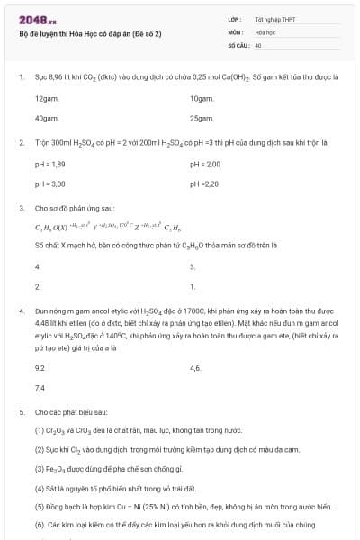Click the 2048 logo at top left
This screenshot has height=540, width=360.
37,20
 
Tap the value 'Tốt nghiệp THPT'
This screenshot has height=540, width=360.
270,19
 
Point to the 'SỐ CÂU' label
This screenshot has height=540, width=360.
238,42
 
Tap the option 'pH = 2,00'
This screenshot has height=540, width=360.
205,164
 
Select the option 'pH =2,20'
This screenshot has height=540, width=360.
204,184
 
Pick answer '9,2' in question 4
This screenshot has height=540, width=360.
40,368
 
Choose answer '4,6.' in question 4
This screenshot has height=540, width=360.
196,368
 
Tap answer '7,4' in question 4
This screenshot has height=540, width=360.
40,388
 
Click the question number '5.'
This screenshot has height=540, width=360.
21,411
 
